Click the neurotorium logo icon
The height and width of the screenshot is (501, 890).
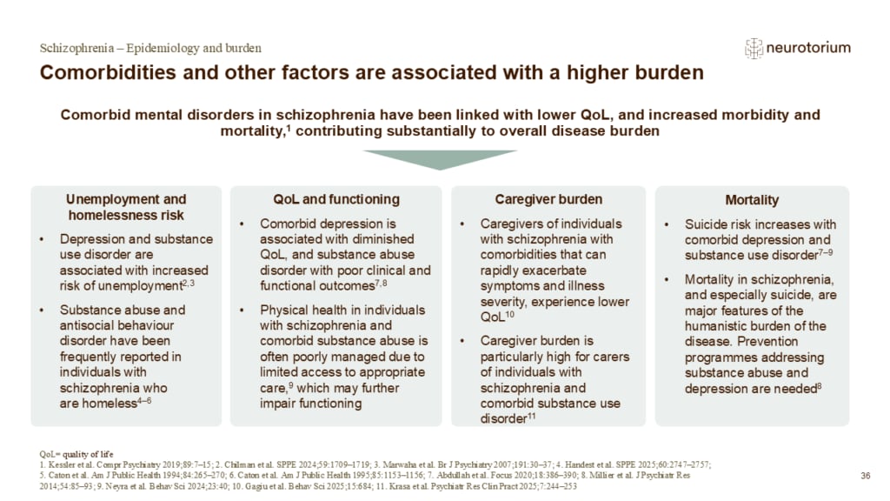tap(754, 49)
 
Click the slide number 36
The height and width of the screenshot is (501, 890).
tap(865, 476)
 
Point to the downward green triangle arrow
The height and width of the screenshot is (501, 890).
tap(440, 160)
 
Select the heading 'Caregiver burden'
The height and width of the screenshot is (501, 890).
tap(548, 199)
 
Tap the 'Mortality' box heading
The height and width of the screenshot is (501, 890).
tap(752, 200)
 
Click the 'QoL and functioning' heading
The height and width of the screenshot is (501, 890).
tap(336, 199)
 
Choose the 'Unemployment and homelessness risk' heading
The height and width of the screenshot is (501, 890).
tap(126, 207)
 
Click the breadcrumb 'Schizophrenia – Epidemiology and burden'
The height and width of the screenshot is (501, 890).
tap(150, 49)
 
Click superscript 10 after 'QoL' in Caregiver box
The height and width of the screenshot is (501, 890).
tap(509, 313)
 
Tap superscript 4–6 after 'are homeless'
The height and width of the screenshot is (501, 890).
tap(144, 400)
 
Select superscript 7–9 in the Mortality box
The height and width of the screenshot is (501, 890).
tap(826, 251)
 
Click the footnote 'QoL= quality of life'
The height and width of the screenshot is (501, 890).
tap(76, 454)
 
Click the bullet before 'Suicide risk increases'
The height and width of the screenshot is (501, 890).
tap(667, 224)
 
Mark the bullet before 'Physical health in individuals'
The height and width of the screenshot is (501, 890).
tap(242, 311)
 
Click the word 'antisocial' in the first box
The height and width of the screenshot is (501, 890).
tap(88, 325)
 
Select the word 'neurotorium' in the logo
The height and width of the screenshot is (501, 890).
tap(808, 48)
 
